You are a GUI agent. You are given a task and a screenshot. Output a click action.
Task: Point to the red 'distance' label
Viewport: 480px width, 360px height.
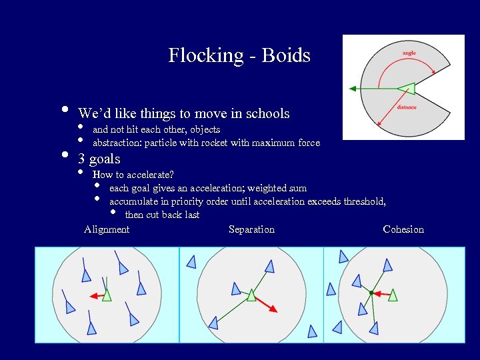tap(407, 107)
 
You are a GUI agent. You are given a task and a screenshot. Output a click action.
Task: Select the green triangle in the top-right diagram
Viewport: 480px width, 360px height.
tap(406, 88)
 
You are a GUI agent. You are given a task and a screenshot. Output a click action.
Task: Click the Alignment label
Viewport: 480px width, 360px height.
tap(107, 229)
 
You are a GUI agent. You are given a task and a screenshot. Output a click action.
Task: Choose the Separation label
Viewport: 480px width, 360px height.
tap(251, 229)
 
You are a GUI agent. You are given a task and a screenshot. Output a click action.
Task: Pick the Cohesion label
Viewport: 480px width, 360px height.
tap(403, 229)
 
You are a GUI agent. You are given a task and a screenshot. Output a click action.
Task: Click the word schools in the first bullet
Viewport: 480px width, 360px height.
tap(267, 114)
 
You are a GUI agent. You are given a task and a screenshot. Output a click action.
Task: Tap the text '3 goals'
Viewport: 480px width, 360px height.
tap(99, 159)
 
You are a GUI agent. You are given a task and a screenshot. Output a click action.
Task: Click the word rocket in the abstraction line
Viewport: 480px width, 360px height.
tap(204, 143)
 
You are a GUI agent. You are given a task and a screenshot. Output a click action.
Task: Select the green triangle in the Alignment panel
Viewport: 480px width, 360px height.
tap(107, 295)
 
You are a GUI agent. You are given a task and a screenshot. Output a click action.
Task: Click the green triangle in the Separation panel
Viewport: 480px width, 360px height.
tap(251, 295)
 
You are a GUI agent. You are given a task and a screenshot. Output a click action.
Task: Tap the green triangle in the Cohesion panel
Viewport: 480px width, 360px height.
tap(393, 295)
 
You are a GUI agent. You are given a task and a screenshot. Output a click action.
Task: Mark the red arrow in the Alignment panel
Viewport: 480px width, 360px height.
tap(96, 295)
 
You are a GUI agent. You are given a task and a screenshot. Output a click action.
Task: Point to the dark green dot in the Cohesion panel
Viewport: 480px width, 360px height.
tap(371, 293)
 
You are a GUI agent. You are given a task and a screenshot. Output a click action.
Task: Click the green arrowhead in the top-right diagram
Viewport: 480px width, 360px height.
tap(353, 88)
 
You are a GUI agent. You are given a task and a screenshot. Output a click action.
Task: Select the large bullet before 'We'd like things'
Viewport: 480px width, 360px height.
tap(65, 110)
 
